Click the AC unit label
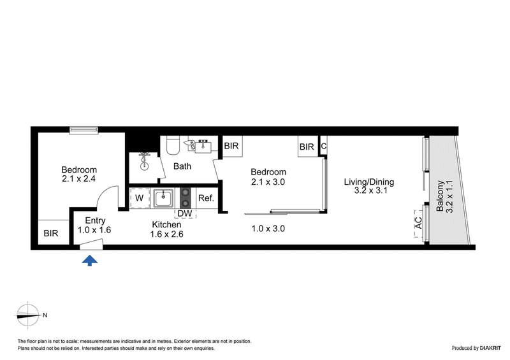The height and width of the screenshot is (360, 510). [x=419, y=224]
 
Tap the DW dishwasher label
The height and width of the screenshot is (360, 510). [x=186, y=213]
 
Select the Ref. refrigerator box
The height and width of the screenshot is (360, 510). [x=205, y=198]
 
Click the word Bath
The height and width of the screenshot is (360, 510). [x=182, y=167]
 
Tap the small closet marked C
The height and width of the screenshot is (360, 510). [x=324, y=147]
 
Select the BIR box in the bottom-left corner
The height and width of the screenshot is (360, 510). [x=51, y=234]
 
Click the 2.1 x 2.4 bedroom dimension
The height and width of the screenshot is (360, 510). [x=79, y=179]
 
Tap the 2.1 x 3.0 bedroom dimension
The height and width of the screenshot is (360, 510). [x=268, y=182]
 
